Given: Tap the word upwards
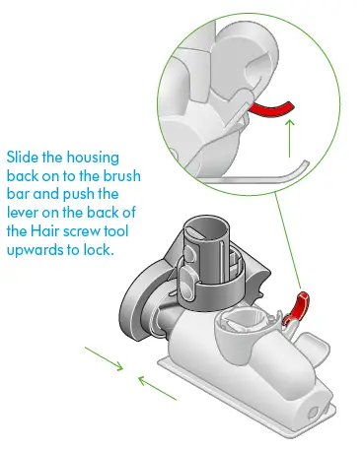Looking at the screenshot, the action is pyautogui.click(x=38, y=251).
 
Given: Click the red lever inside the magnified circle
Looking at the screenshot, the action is pyautogui.click(x=276, y=106).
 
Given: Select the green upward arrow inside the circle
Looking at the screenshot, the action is pyautogui.click(x=289, y=138).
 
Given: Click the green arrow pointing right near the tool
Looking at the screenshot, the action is pyautogui.click(x=106, y=363).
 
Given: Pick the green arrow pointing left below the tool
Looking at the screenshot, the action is pyautogui.click(x=157, y=383).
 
